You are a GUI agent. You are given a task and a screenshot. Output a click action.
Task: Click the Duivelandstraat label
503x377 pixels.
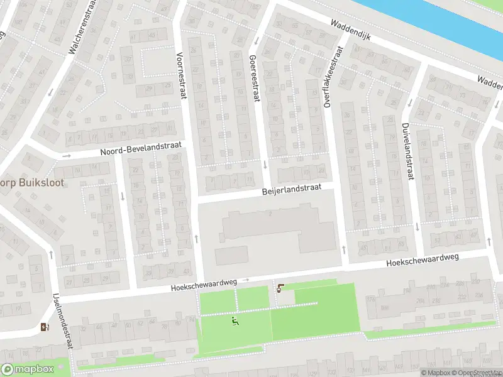coord(407,151)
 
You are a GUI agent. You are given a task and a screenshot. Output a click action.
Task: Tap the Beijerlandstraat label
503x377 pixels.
coord(292,188)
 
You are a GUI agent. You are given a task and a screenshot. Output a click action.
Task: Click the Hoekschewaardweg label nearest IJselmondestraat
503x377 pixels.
coord(202,285)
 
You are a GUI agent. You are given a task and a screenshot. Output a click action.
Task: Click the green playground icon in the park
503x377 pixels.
coord(236,322)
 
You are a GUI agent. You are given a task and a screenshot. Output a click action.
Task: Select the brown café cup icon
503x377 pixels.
coord(280,288)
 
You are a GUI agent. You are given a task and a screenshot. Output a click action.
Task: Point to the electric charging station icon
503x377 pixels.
coord(43,327)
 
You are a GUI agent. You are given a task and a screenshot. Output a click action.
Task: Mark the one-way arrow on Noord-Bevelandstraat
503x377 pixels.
coord(67,155)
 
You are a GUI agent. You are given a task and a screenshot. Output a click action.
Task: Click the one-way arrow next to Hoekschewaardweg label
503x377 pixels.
coord(247,280)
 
